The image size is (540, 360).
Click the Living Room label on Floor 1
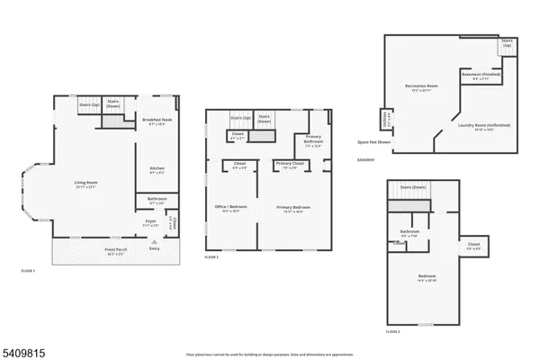click(85, 184)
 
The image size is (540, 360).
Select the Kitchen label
click(155, 168)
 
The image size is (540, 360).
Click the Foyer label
click(151, 220)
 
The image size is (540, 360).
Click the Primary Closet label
click(289, 165)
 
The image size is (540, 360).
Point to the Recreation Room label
click(420, 87)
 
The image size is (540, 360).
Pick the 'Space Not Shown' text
click(373, 142)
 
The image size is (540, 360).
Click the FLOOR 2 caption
click(211, 257)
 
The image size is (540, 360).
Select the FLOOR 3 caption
click(392, 331)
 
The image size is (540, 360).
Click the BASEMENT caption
click(366, 159)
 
